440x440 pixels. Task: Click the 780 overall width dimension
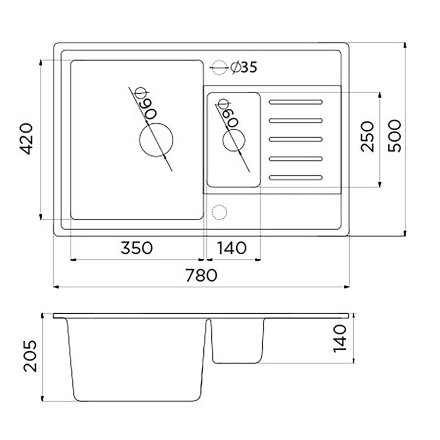point(201,275)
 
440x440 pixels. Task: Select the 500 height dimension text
point(395,135)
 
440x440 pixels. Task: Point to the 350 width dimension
point(137,248)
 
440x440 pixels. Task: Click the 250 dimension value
point(367,136)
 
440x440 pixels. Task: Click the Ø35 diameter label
point(243,67)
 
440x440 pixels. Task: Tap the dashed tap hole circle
point(219,211)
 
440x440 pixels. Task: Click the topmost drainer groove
point(295,102)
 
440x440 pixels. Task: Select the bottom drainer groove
point(295,177)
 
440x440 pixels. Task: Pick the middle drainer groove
point(295,139)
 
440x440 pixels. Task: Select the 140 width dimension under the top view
point(232,248)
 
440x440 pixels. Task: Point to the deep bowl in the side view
point(137,359)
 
